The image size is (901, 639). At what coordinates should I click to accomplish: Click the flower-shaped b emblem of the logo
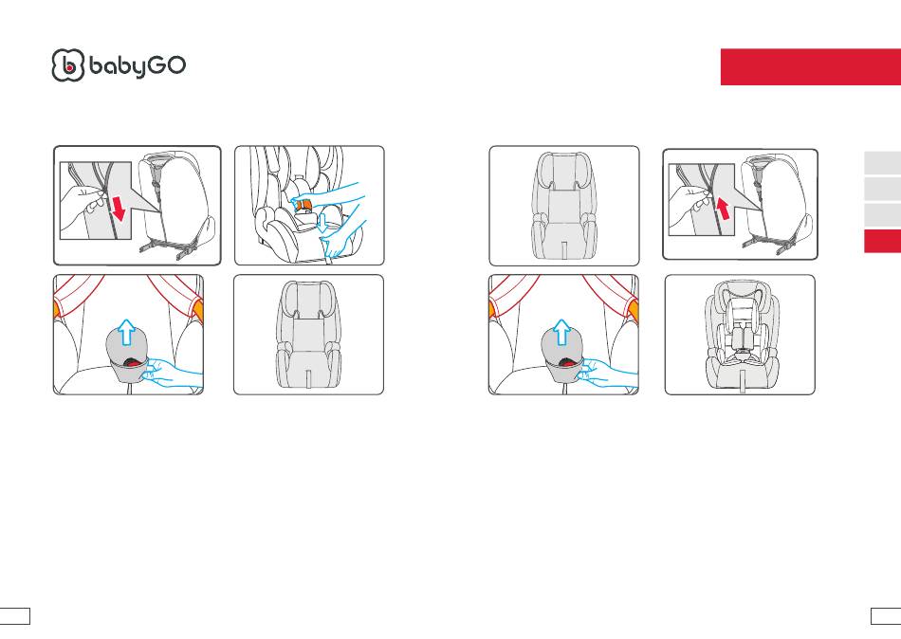click(67, 64)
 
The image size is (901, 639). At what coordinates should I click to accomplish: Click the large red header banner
click(811, 66)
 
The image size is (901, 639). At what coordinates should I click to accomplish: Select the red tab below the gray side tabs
click(883, 241)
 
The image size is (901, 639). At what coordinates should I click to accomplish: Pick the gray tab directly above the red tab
click(883, 214)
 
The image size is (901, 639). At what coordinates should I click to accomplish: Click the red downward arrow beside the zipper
click(118, 208)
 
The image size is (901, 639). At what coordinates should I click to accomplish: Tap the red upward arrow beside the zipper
click(723, 208)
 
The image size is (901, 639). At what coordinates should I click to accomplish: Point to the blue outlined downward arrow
click(324, 221)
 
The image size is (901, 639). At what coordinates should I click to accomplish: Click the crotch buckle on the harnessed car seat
click(741, 349)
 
